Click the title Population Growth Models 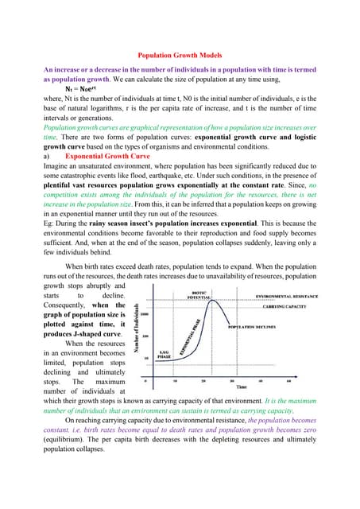(180, 56)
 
